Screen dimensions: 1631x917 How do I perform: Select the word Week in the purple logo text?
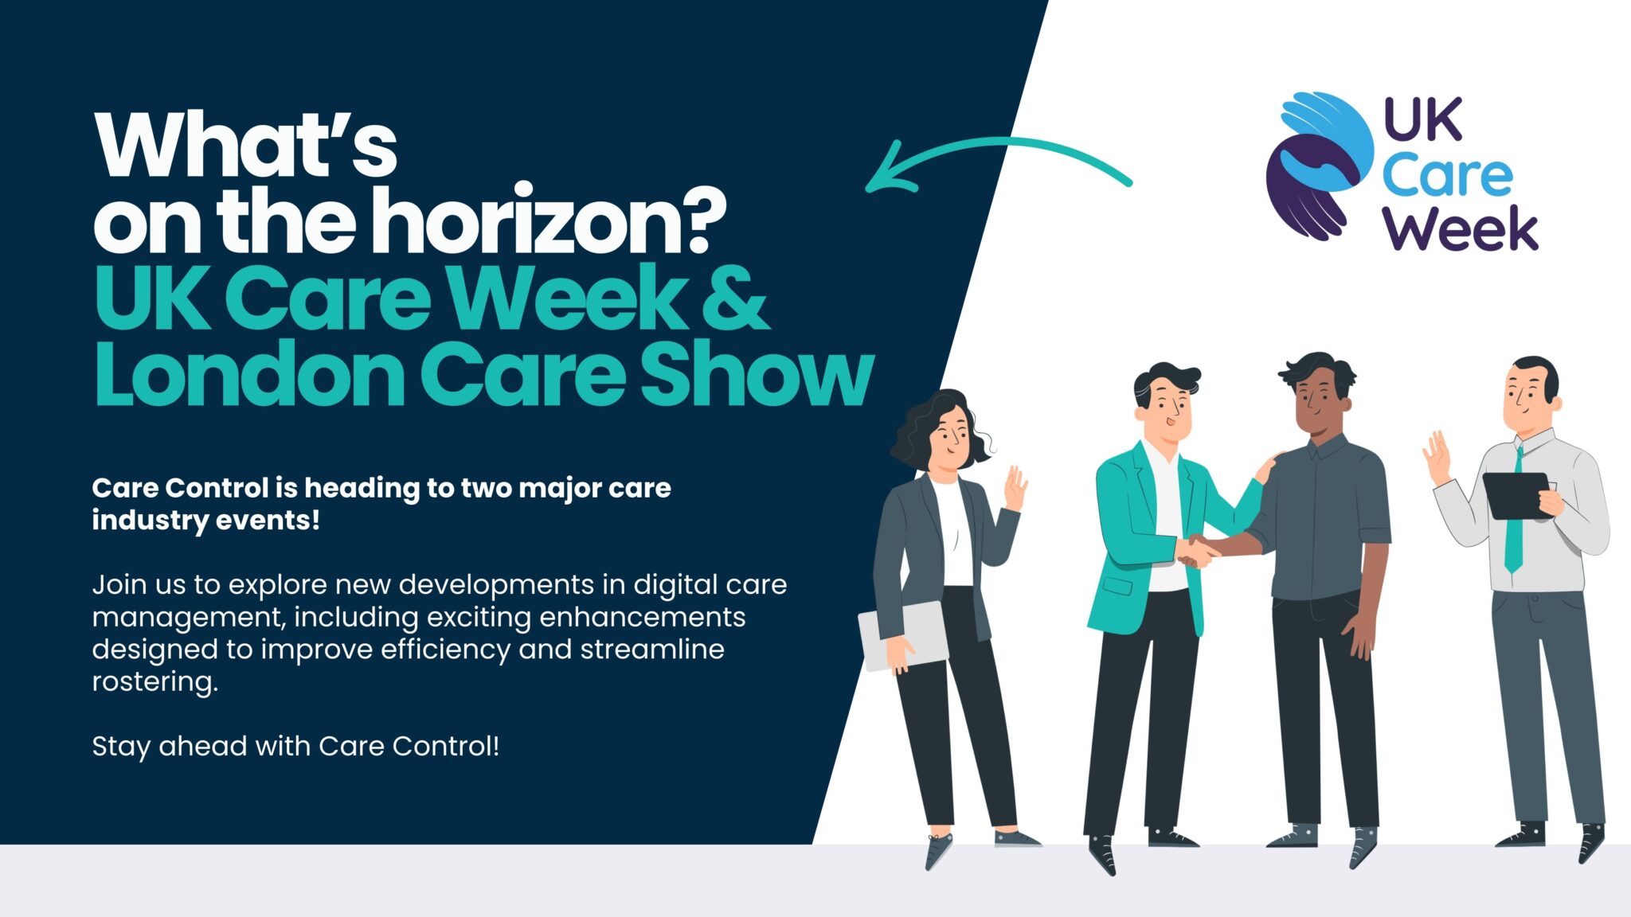(1460, 228)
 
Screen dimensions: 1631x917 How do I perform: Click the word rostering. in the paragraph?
(154, 681)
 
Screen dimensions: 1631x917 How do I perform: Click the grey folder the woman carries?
(903, 635)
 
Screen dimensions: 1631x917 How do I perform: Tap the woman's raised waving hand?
(1015, 488)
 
